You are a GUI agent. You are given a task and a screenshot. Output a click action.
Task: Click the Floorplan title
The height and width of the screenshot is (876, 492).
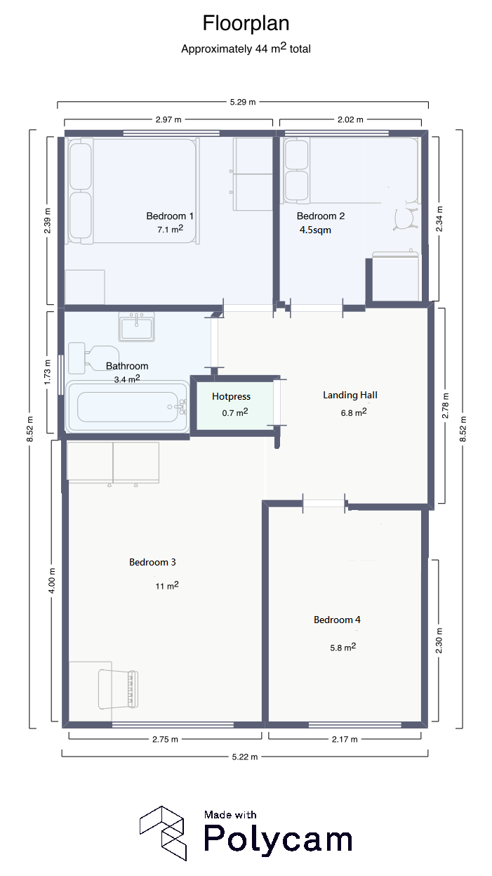click(246, 23)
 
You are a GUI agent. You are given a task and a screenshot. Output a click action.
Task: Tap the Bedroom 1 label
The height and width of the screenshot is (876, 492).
click(170, 216)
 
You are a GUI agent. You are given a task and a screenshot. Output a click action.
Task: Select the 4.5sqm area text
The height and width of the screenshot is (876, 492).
click(315, 230)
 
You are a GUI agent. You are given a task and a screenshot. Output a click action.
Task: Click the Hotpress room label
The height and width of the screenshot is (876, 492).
click(231, 396)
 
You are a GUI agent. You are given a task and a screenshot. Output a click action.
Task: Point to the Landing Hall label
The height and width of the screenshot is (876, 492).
click(350, 395)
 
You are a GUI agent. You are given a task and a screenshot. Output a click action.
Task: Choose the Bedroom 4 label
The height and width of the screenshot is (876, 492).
click(337, 620)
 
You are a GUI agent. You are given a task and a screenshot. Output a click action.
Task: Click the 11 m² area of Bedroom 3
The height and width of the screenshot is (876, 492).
click(167, 585)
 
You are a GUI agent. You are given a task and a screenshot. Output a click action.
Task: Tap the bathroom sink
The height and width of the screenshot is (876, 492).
click(136, 327)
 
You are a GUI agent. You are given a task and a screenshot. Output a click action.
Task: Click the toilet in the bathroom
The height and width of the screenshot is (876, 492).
click(94, 358)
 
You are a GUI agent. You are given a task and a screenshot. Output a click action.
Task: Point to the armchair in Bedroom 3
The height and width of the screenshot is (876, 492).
click(118, 689)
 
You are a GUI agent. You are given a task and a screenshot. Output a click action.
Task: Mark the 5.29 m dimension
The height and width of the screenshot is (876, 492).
click(243, 102)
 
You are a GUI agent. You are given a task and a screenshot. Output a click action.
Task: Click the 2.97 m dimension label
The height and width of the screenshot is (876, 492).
click(168, 119)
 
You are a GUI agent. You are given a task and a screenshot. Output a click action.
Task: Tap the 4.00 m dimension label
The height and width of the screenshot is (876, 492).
click(51, 581)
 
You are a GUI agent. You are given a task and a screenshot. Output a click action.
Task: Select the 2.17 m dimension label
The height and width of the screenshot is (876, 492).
click(345, 739)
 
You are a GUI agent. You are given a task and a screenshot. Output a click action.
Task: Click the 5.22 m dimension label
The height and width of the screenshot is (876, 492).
click(245, 757)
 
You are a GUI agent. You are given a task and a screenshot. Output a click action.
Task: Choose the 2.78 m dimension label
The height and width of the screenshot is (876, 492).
click(445, 405)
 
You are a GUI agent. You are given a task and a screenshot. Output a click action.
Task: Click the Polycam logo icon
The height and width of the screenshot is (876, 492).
click(163, 833)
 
